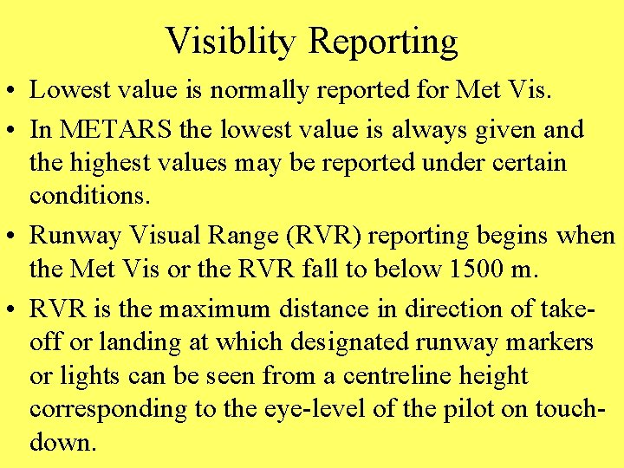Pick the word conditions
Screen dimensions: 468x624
point(88,196)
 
